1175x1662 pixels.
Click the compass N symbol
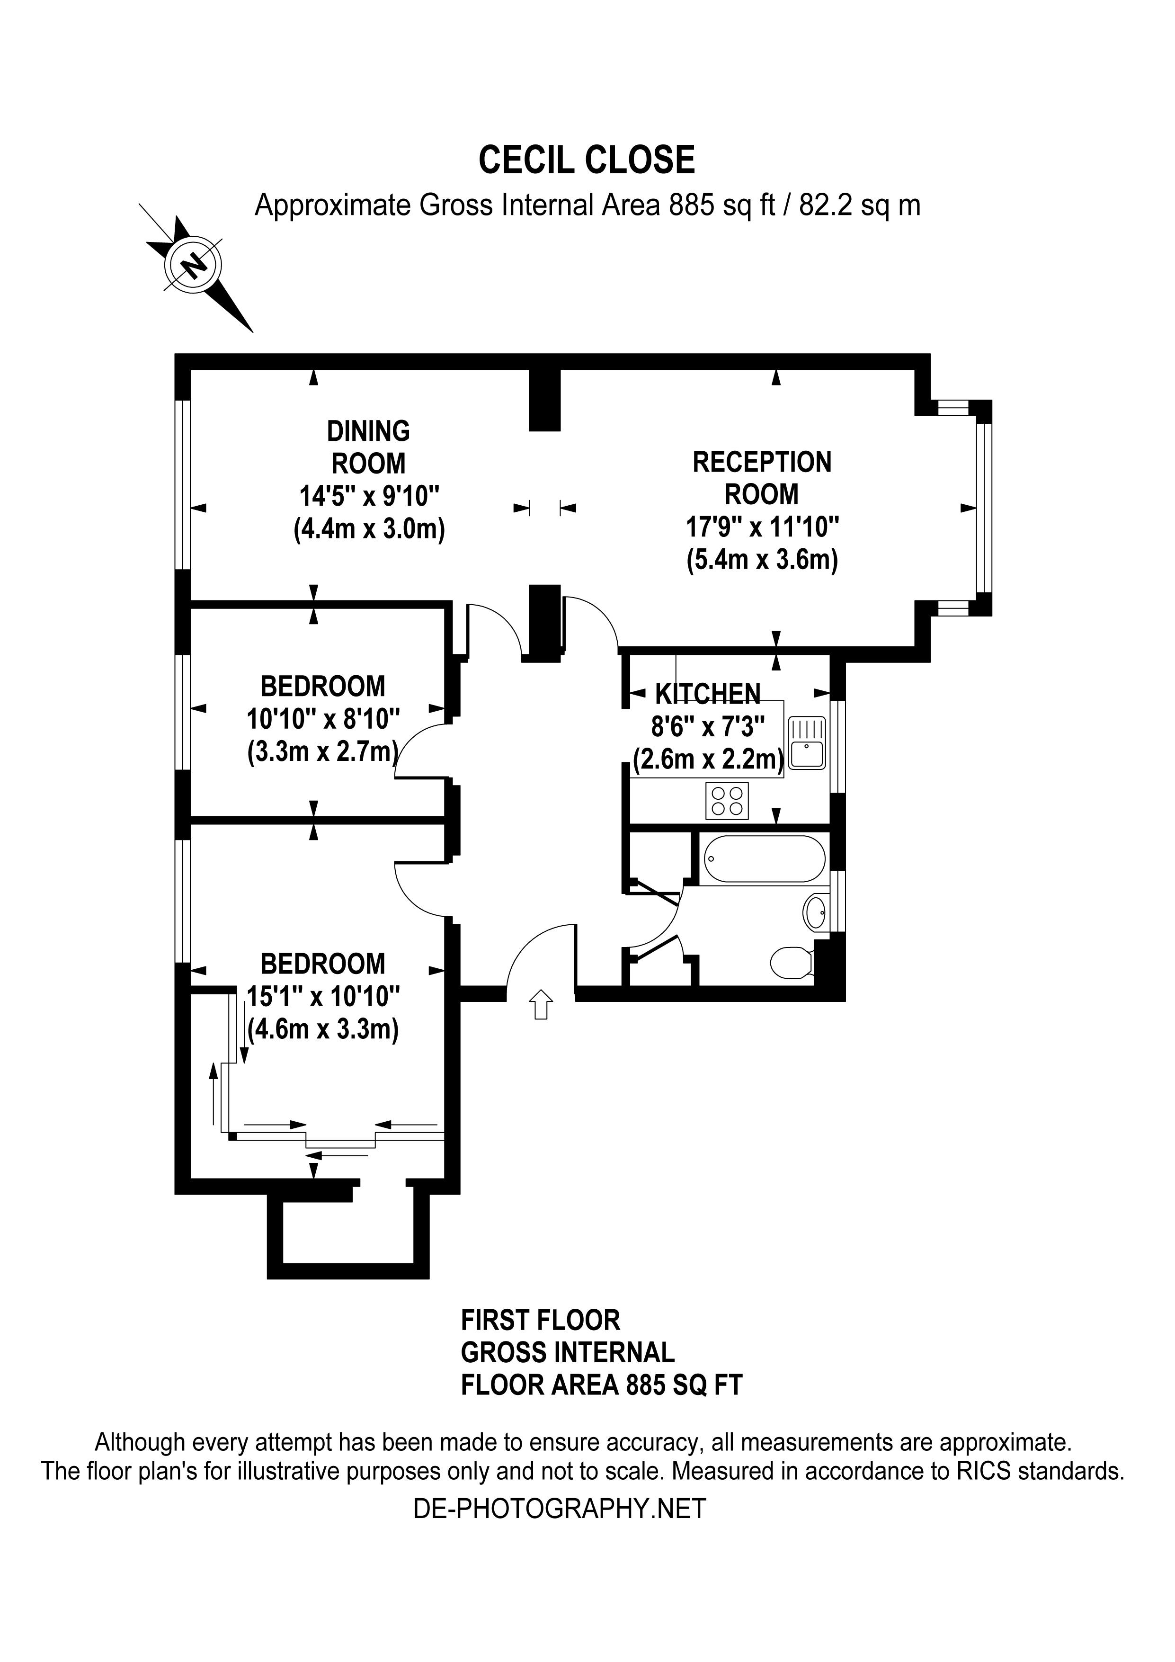pos(193,265)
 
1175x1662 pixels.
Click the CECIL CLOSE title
pos(587,160)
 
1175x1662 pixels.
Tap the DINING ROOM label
pos(368,447)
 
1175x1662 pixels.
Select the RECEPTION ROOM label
pos(762,478)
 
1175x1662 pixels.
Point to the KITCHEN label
pos(708,694)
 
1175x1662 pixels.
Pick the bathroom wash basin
pos(815,911)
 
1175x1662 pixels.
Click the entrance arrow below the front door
pos(541,1005)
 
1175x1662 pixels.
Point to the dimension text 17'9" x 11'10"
pos(762,527)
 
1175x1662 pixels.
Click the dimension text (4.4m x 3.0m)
pos(369,529)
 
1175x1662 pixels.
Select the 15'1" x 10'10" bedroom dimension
pos(323,996)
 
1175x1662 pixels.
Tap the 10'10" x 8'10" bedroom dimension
pos(323,719)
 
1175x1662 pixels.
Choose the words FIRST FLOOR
pos(541,1320)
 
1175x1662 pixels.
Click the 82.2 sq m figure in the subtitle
pos(860,206)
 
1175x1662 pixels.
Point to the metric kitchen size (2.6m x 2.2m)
pos(708,760)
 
